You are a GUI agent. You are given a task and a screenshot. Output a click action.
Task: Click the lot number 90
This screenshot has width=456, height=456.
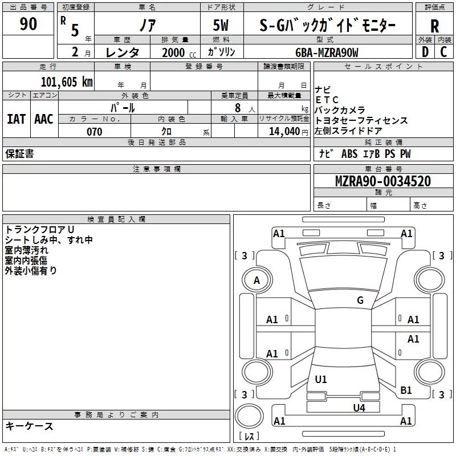(x=28, y=24)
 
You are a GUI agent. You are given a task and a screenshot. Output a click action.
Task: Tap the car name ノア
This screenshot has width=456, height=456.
(x=148, y=25)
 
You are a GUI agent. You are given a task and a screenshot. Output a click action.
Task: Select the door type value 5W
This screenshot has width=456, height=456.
(x=221, y=25)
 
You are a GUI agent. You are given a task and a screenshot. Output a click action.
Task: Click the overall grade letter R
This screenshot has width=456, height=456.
(x=434, y=26)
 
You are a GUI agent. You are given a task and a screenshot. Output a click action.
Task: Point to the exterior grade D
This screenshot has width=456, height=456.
(x=425, y=52)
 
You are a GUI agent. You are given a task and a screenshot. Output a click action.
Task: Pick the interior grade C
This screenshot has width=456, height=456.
(x=443, y=52)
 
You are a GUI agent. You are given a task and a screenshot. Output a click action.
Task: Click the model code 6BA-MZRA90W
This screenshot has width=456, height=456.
(x=327, y=52)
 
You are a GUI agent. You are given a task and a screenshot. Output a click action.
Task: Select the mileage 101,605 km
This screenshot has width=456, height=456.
(x=67, y=82)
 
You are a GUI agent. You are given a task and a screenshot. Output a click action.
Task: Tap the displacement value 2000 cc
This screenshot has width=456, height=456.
(x=179, y=52)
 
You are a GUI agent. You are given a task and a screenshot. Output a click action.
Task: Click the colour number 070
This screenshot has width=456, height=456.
(x=95, y=132)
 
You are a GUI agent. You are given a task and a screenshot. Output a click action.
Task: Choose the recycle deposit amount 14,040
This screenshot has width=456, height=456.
(x=284, y=131)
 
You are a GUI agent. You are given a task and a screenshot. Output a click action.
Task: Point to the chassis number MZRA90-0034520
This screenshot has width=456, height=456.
(x=383, y=181)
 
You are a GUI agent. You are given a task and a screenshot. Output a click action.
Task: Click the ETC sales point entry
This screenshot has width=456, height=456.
(x=327, y=100)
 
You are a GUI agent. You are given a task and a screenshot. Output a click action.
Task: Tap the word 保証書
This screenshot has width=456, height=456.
(x=19, y=153)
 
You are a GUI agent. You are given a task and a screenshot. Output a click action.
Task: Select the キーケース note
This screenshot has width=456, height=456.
(x=29, y=426)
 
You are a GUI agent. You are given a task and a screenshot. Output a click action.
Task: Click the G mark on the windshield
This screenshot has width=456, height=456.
(x=360, y=300)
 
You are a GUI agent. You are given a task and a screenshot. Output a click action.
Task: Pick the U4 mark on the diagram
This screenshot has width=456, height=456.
(x=359, y=408)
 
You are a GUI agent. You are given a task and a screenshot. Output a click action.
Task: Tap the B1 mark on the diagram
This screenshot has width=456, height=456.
(x=406, y=390)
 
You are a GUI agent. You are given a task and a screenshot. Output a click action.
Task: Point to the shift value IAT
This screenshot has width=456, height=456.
(x=17, y=119)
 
